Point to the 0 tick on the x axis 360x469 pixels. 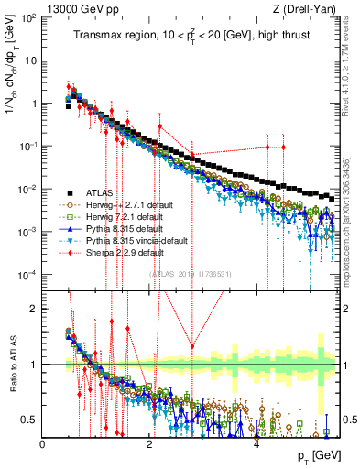coord(43,442)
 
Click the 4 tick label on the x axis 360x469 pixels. coord(256,442)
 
